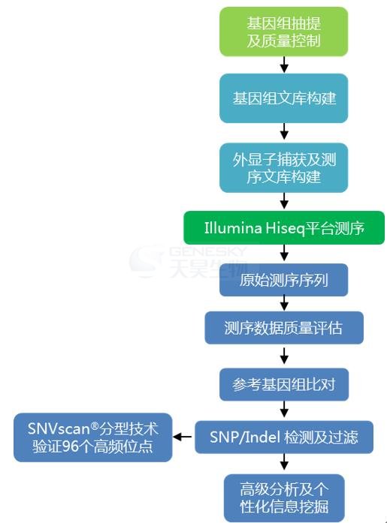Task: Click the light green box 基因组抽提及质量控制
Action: coord(283,32)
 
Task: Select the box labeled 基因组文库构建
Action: coord(283,98)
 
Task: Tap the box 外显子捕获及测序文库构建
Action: coord(283,168)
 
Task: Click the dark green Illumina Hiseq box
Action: coord(284,228)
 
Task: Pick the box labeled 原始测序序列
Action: coord(283,280)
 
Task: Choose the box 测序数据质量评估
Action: coord(284,328)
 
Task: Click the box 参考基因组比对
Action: coord(284,385)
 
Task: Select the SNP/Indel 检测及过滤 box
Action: coord(284,437)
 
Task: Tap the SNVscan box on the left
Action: coord(93,437)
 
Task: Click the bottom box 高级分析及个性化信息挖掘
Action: coord(284,498)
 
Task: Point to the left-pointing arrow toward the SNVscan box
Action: coord(183,437)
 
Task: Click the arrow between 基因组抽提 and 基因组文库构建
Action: coord(284,65)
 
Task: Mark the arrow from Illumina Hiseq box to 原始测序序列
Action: coord(284,253)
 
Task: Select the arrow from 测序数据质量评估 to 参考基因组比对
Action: coord(284,356)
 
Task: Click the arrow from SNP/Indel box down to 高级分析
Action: coord(284,462)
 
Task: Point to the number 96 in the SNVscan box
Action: coord(70,446)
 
